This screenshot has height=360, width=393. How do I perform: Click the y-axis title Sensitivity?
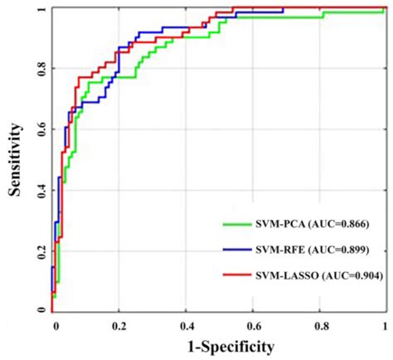(x=15, y=158)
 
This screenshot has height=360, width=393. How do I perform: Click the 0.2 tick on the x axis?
(x=119, y=324)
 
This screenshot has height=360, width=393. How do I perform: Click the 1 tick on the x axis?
(x=385, y=324)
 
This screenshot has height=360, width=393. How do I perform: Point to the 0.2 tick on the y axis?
(x=40, y=250)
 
